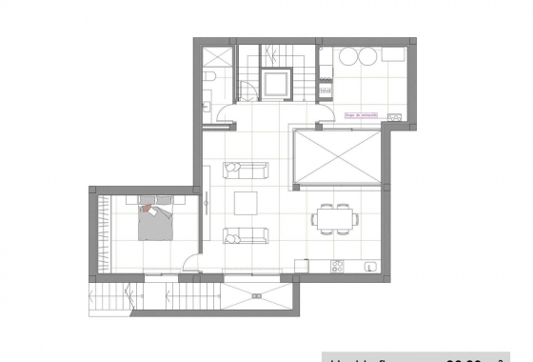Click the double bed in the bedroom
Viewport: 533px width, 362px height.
(157, 222)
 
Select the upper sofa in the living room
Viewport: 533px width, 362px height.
(246, 171)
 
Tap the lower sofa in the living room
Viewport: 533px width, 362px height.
(246, 236)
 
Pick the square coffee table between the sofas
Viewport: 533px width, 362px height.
(246, 204)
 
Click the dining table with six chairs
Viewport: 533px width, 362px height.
(335, 219)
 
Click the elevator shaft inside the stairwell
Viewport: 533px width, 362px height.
(280, 83)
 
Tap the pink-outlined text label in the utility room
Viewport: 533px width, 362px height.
(362, 115)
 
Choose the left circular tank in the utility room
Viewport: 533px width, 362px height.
(345, 56)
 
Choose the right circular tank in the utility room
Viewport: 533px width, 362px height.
(367, 56)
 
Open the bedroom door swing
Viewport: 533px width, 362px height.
(192, 267)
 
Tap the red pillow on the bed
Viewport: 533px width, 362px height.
(148, 207)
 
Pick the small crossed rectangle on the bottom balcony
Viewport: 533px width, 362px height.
(256, 294)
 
